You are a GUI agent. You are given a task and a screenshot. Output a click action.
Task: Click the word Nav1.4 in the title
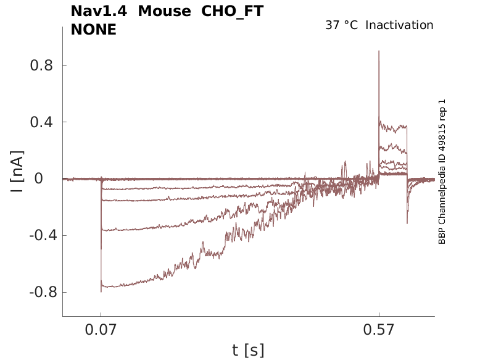click(98, 11)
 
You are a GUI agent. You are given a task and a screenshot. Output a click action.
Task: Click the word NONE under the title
click(94, 29)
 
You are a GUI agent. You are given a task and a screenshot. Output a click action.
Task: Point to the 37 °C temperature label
click(341, 25)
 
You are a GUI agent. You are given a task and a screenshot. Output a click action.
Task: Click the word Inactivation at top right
click(399, 25)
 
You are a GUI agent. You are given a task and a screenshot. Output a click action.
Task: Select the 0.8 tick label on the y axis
click(39, 65)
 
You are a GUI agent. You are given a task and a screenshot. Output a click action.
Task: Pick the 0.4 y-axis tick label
click(39, 122)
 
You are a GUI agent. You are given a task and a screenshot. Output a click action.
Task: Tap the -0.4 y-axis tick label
click(37, 235)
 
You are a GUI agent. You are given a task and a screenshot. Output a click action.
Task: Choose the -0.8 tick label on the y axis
click(37, 292)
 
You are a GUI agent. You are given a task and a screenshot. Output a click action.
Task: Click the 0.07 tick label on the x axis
click(101, 331)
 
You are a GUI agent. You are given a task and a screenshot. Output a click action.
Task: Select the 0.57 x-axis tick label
click(379, 331)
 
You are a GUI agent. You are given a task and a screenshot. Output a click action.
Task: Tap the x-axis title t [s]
click(248, 351)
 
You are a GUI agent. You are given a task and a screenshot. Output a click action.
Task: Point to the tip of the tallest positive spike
click(379, 51)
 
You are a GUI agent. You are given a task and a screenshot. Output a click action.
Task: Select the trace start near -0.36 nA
click(102, 230)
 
